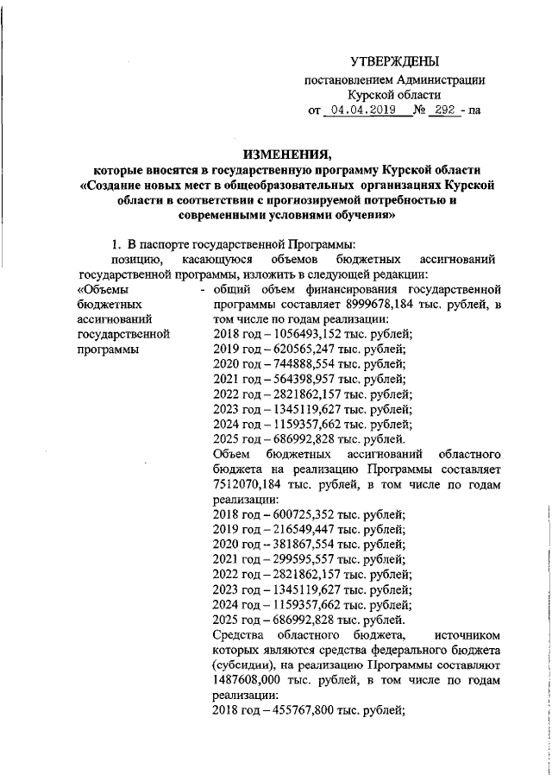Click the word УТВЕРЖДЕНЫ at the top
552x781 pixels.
click(x=395, y=61)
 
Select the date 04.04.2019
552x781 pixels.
click(x=355, y=110)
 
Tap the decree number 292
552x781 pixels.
click(x=442, y=110)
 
